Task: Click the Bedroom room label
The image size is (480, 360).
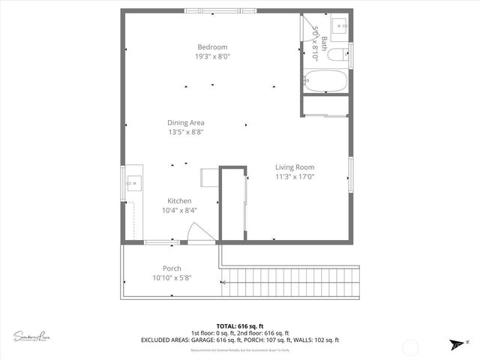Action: coord(212,46)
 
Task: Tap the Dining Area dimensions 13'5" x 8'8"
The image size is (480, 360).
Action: coord(186,132)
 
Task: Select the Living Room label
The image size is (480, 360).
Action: coord(294,167)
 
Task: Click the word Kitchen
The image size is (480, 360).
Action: coord(179,201)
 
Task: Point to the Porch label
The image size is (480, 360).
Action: coord(172,268)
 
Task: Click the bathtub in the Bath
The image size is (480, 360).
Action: coord(325,80)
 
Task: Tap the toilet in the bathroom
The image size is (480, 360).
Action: coord(340,52)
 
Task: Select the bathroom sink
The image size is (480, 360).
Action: coord(341,25)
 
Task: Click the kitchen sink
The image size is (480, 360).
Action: coord(133,181)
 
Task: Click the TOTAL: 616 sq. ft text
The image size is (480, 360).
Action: coord(239,326)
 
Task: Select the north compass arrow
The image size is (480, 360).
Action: coord(456,343)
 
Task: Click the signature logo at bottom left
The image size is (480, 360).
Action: coord(31,336)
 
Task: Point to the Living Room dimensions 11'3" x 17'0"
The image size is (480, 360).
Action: coord(294,177)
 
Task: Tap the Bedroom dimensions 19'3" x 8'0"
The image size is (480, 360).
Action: coord(212,56)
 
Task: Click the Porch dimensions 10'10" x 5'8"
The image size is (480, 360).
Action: coord(172,278)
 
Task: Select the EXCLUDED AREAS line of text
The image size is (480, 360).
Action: coord(239,340)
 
